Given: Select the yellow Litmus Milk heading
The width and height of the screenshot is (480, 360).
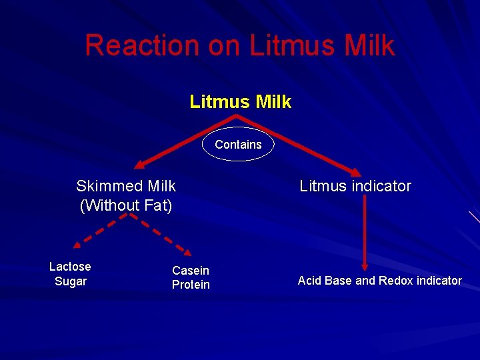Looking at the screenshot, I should coord(240,101).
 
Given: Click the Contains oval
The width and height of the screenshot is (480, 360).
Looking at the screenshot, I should coord(238,144).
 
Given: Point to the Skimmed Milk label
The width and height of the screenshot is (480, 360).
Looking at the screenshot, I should coord(126,185).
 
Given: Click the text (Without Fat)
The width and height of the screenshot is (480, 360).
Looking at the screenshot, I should coord(126,206).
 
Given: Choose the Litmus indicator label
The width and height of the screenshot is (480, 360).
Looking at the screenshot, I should coord(355,186).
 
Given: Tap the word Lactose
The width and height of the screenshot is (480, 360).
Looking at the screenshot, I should coord(70,267).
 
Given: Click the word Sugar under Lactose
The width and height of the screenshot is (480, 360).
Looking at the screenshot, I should coord(70,281).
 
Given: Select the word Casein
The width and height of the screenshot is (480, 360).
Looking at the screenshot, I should coord(191,271).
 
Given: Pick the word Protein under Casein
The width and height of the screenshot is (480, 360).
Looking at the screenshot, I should coord(191,285).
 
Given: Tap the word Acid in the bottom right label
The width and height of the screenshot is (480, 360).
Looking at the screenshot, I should coord(309,281).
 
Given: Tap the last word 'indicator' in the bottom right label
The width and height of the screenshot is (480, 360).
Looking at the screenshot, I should coord(439,281).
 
